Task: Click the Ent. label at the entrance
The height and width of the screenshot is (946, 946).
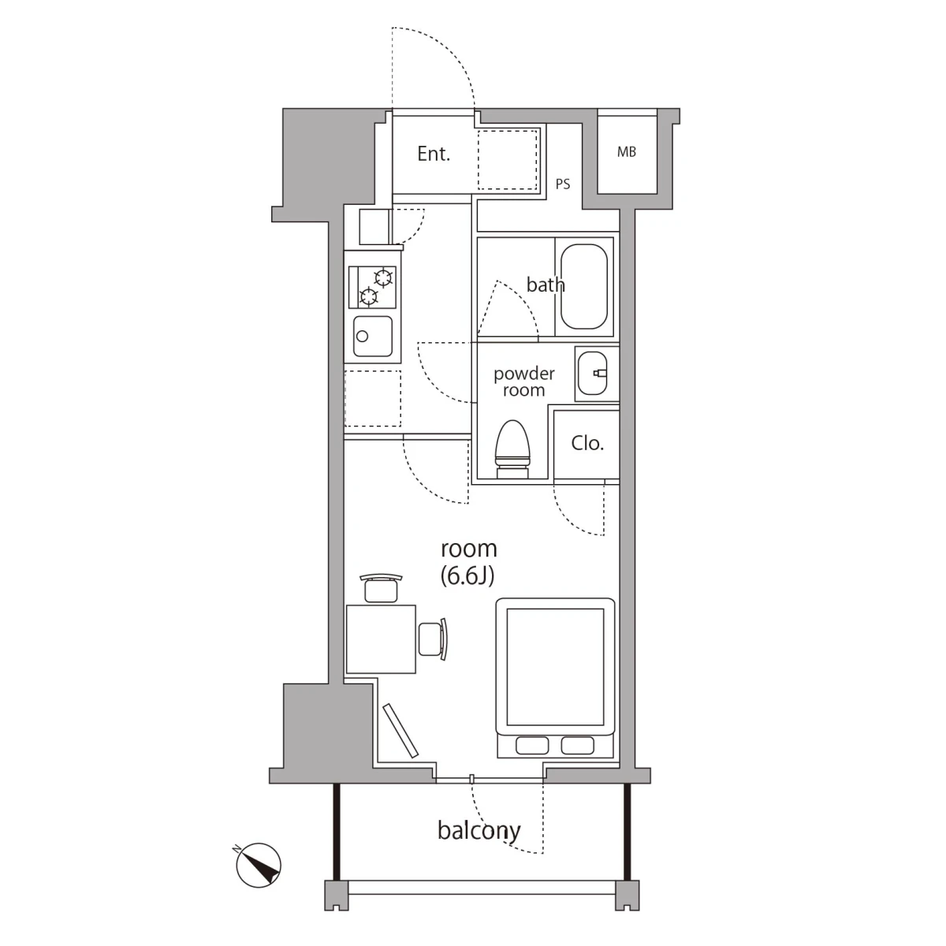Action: (x=434, y=155)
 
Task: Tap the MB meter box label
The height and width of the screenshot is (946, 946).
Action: (x=627, y=152)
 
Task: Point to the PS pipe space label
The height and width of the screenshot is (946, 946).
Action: (x=563, y=184)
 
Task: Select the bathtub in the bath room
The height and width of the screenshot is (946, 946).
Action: (x=584, y=287)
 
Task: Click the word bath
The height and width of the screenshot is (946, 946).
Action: (x=546, y=285)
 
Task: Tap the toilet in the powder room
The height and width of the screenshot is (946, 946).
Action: (x=513, y=449)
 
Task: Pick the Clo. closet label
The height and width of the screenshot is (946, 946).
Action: (x=587, y=444)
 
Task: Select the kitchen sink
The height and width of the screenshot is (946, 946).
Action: (x=373, y=337)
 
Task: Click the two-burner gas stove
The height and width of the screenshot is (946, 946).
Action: (x=373, y=287)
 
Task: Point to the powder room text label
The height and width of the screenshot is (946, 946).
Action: (x=523, y=382)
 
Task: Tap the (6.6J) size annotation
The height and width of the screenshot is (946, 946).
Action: (x=467, y=576)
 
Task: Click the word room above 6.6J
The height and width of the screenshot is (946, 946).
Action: (x=469, y=549)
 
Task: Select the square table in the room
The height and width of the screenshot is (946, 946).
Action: (x=381, y=639)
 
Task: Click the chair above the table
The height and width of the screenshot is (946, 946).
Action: (x=381, y=587)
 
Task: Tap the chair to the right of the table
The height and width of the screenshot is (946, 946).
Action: (x=434, y=639)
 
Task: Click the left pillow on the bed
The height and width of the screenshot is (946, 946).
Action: (x=532, y=745)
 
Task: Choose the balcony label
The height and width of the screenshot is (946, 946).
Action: (x=479, y=830)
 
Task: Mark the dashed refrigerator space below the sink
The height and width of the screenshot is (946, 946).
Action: (x=373, y=399)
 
